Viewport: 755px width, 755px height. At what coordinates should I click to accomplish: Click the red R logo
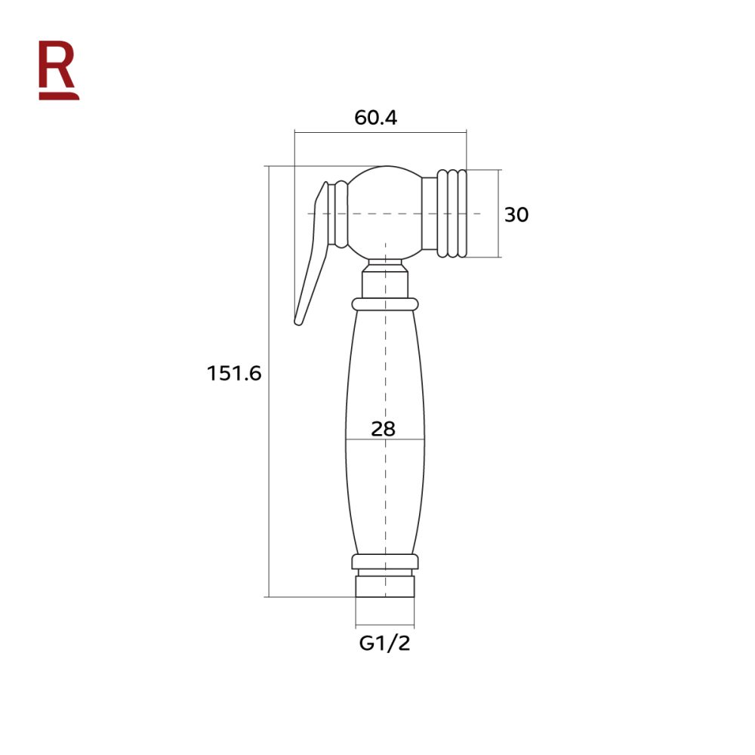(x=58, y=69)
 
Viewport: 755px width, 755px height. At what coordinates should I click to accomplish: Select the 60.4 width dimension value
(x=375, y=118)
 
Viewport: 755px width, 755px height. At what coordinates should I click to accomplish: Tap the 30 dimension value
(x=516, y=215)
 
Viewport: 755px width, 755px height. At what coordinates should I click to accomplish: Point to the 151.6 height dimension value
(x=234, y=373)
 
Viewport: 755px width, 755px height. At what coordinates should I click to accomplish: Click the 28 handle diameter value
(x=384, y=429)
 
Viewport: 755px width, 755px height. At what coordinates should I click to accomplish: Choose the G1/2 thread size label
(x=384, y=644)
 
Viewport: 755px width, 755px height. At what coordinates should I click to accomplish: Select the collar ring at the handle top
(x=385, y=304)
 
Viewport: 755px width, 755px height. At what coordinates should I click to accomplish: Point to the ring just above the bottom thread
(x=385, y=562)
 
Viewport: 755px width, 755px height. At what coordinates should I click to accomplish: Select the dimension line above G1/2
(x=385, y=626)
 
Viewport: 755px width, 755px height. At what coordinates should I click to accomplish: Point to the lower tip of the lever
(x=299, y=321)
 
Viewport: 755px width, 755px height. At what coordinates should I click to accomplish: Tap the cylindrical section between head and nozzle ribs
(x=430, y=213)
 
